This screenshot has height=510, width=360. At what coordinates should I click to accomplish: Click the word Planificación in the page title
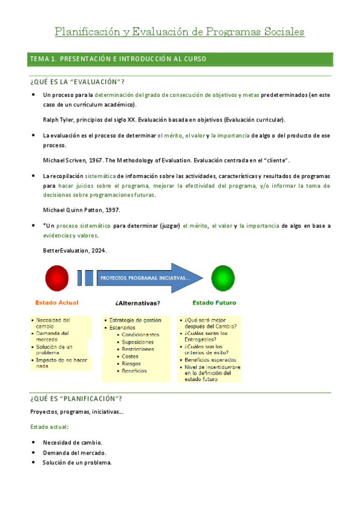tap(90, 31)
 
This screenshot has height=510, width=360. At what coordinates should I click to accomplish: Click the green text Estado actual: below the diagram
tap(49, 426)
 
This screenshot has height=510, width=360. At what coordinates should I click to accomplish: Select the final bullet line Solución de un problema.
tap(77, 462)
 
